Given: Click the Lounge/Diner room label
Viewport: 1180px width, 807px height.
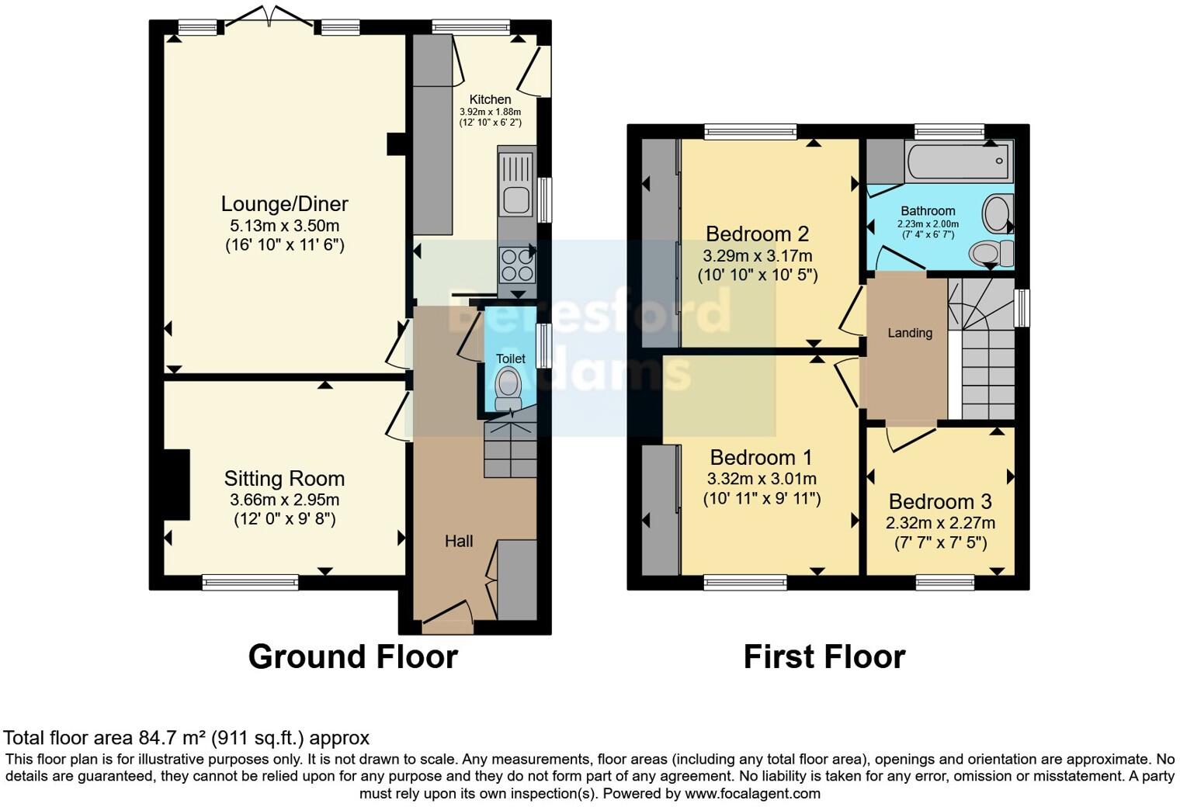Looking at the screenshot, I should click(284, 204).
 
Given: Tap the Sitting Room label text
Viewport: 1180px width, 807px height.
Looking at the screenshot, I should click(284, 479).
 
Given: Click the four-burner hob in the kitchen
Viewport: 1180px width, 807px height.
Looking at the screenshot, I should click(515, 264).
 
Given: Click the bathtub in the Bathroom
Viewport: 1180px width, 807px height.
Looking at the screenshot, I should click(959, 161).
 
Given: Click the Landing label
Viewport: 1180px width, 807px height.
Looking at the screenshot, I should click(909, 333).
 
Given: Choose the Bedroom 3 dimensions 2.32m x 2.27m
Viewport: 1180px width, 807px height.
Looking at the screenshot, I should click(940, 523).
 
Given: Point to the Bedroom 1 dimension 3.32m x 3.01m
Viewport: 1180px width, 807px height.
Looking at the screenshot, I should click(761, 480).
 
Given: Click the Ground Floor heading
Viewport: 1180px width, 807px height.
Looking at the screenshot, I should click(352, 656).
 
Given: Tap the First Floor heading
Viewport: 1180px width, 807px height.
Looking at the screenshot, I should click(824, 656).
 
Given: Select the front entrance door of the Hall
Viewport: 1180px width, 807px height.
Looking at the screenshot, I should click(448, 613).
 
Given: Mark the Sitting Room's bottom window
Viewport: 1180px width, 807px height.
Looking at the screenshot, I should click(250, 582).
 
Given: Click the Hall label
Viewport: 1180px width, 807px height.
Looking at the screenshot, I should click(458, 541).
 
